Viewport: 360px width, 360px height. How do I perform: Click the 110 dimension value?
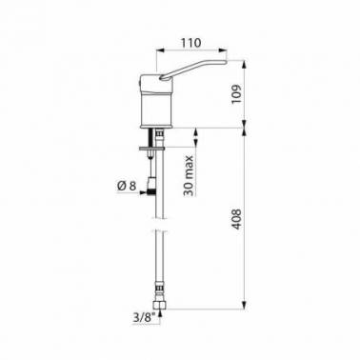click(191, 43)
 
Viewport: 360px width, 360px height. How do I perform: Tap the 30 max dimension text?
click(189, 176)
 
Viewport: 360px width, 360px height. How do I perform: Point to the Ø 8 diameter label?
click(127, 186)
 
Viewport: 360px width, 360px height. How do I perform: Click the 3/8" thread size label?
click(144, 318)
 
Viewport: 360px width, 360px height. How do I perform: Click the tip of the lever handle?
click(226, 62)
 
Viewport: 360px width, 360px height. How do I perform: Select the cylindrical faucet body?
click(156, 110)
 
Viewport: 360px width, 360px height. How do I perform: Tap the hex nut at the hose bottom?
click(160, 305)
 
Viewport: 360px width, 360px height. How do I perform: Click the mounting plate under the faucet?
click(151, 148)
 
